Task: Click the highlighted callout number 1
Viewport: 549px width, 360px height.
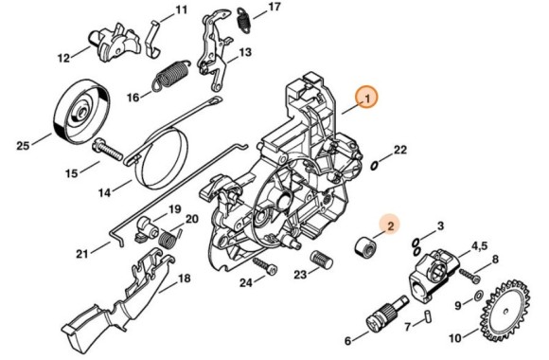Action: coord(365,97)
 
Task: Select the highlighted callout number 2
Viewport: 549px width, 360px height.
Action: coord(390,225)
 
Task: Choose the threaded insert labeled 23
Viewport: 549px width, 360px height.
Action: coord(323,259)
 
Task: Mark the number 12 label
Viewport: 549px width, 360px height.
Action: coord(64,58)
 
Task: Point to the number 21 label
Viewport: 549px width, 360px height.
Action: coord(82,253)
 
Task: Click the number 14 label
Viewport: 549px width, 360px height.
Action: coord(102,193)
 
